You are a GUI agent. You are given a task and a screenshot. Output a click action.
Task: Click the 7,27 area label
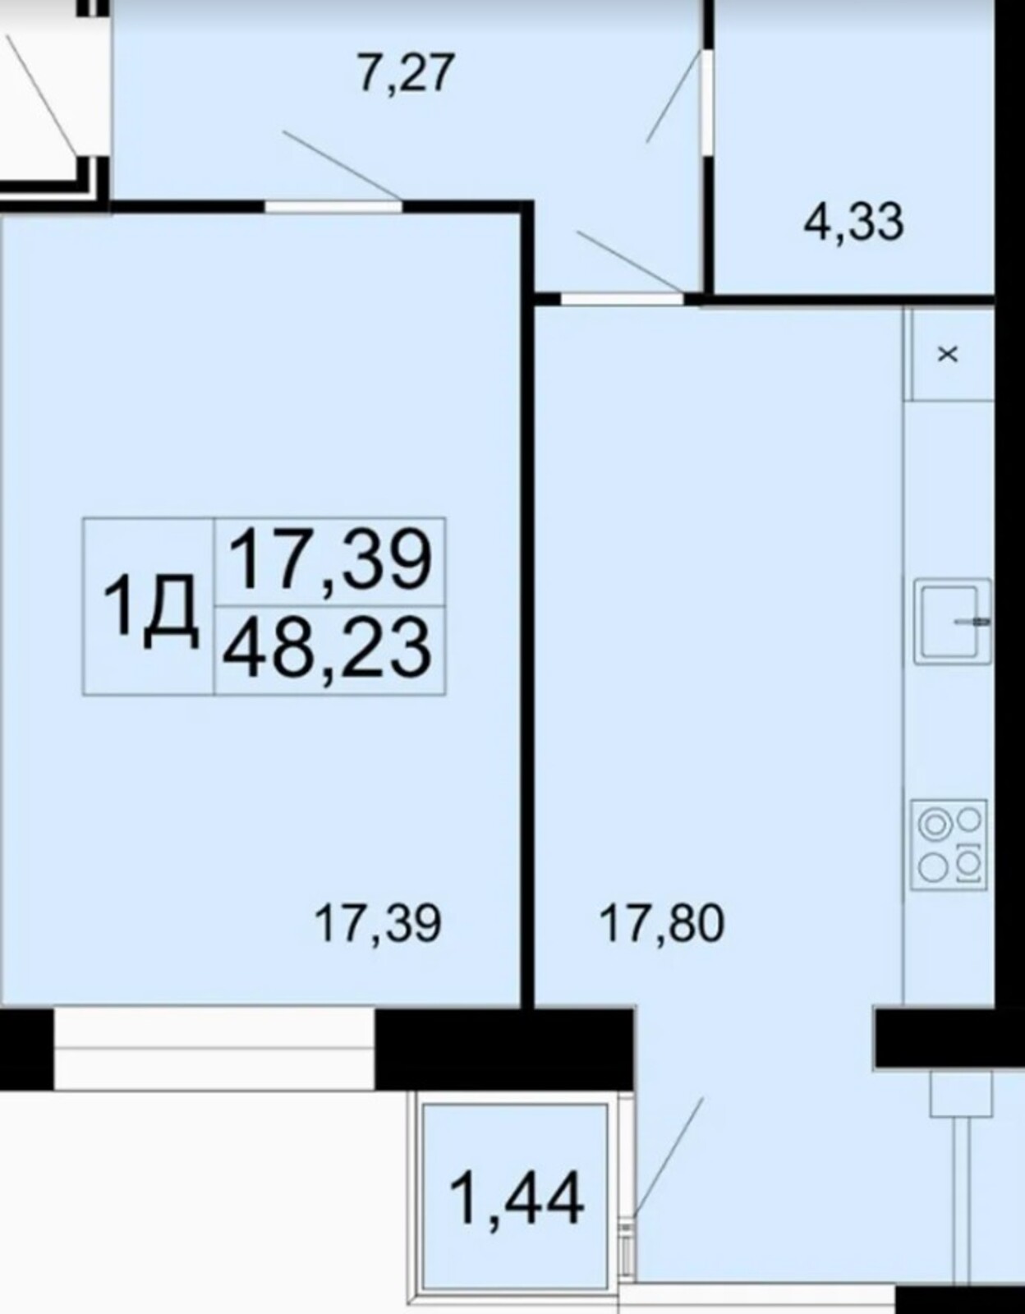point(406,74)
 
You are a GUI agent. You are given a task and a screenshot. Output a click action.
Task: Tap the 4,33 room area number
point(853,222)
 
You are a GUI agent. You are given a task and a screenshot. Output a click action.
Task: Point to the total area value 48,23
point(327,650)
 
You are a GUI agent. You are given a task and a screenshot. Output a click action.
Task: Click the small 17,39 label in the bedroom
point(379,923)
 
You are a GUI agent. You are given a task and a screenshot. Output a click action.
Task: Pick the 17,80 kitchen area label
point(662,923)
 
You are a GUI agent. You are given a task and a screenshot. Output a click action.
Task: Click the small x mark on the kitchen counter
point(948,354)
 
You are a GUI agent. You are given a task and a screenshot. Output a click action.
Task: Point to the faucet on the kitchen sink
point(973,621)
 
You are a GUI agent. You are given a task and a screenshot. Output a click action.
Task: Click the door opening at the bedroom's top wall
point(333,206)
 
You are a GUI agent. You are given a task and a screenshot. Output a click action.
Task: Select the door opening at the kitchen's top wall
point(622,299)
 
